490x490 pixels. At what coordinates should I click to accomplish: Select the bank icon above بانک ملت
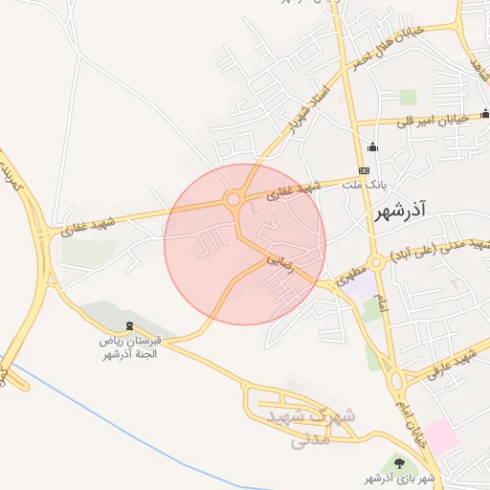(x=364, y=170)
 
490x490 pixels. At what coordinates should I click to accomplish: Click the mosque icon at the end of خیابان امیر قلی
(x=484, y=115)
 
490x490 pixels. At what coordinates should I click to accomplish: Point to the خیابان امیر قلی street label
(x=437, y=120)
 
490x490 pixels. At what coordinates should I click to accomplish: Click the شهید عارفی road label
(x=453, y=365)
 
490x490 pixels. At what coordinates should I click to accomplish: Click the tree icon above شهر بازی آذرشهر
(x=399, y=464)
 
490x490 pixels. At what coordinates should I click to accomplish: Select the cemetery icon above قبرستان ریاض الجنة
(x=130, y=328)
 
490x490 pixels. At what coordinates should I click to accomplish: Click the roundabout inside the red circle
(x=233, y=199)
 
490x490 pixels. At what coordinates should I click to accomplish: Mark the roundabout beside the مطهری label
(x=377, y=261)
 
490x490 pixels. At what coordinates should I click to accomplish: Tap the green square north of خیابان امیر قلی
(x=409, y=97)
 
